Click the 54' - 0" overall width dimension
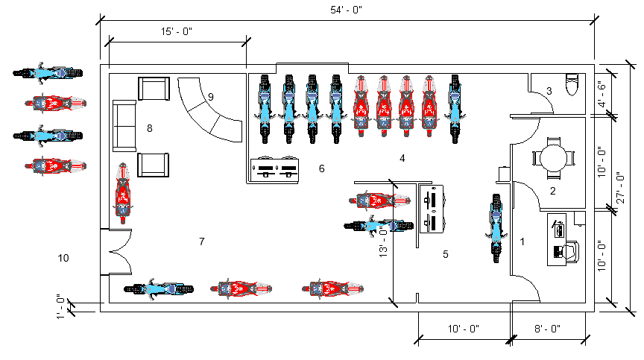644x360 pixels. [347, 10]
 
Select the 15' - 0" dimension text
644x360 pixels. [177, 32]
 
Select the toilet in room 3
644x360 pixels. [572, 84]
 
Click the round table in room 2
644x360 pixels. [554, 157]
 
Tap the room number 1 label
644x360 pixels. [523, 241]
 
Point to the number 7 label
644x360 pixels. [201, 241]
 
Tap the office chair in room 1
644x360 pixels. [572, 252]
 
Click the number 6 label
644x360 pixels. [321, 168]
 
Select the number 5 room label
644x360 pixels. [445, 254]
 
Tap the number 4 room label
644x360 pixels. [402, 158]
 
